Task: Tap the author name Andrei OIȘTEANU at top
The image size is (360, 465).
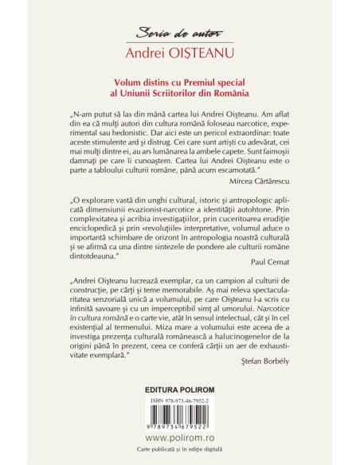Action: click(x=179, y=54)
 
